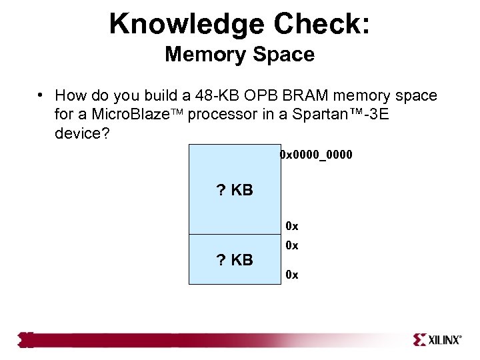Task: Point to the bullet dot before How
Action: click(41, 95)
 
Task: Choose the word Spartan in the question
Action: click(313, 114)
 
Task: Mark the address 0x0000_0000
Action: click(316, 155)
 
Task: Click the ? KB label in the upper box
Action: click(235, 191)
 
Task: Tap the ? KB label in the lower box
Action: click(235, 260)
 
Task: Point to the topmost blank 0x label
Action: click(291, 226)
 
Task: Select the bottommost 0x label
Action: click(291, 274)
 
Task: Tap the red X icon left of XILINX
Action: click(421, 340)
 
